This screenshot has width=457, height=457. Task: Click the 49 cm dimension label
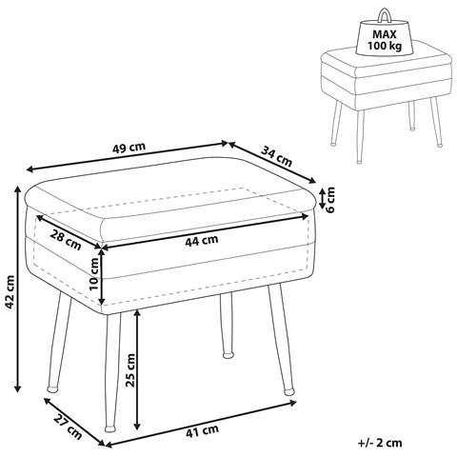point(129,148)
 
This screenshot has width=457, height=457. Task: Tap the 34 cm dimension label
point(276,156)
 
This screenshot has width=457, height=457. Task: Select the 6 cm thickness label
point(330,200)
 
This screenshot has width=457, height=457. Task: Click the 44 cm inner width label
point(202,240)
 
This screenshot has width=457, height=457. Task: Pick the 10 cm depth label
point(94,274)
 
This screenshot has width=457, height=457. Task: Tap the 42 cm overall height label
point(10,292)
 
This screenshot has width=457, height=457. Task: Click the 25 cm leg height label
point(130,370)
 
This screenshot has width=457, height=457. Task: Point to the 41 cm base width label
point(202,430)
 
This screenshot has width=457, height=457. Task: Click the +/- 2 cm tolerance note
point(380,443)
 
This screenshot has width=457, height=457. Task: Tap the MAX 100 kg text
point(385,39)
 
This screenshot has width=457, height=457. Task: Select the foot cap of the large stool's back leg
point(228,355)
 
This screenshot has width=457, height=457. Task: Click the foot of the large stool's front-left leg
point(109,428)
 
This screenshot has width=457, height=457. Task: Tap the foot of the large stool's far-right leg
point(288,392)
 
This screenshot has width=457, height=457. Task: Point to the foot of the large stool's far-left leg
point(52,388)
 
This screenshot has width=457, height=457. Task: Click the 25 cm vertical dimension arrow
point(137,369)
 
